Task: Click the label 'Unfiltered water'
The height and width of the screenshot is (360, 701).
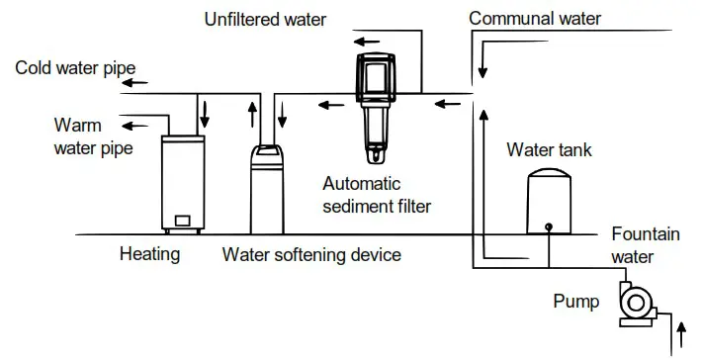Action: pos(264,18)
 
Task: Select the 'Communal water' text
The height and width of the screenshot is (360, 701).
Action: pos(534,18)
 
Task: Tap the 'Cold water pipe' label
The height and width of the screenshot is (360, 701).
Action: pos(75,67)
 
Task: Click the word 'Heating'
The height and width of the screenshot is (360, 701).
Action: pos(149,254)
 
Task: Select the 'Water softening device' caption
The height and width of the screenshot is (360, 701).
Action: pos(311,254)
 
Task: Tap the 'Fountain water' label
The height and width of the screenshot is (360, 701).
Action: pos(645,245)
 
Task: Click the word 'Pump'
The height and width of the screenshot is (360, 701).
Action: pos(576,302)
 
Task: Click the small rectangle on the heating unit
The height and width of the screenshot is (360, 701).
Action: pos(182,220)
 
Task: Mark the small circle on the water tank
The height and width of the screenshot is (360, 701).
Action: pos(549,225)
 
